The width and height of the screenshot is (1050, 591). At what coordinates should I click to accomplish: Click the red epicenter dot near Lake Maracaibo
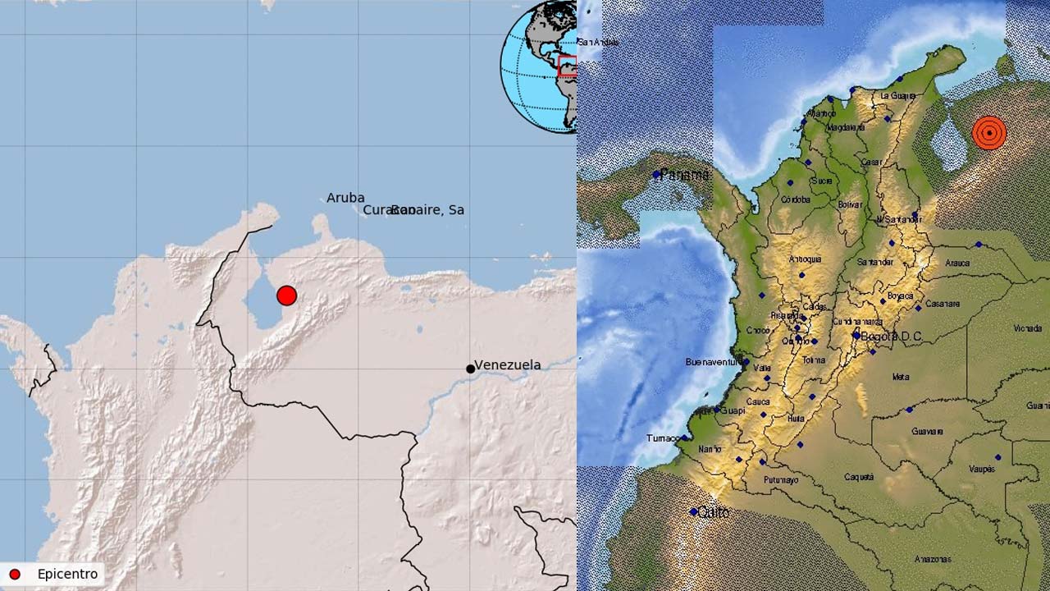click(286, 295)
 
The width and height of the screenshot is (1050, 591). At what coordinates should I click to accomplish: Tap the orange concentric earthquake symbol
click(989, 132)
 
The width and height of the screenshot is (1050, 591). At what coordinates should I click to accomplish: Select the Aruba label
click(345, 198)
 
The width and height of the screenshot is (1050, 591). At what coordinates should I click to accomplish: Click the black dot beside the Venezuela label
click(470, 369)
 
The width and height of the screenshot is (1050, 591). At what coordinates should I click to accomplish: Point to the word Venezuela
click(508, 364)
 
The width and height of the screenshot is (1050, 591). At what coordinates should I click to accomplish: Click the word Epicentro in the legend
click(67, 575)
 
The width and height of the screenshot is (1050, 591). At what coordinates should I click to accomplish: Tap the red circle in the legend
click(14, 575)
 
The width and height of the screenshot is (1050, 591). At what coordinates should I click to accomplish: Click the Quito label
click(714, 512)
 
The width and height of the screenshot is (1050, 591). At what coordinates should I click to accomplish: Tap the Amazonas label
click(934, 560)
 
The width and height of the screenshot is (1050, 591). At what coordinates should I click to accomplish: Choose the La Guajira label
click(897, 96)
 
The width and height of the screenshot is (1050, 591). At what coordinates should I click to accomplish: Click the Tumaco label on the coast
click(663, 438)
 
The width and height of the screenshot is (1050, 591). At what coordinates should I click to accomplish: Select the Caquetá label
click(859, 477)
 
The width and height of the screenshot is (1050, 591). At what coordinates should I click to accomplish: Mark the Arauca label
click(957, 263)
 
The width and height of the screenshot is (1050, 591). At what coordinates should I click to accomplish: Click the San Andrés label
click(598, 42)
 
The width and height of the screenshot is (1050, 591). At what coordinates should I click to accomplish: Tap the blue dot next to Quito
click(694, 512)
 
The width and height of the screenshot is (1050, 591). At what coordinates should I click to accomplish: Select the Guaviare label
click(927, 431)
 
